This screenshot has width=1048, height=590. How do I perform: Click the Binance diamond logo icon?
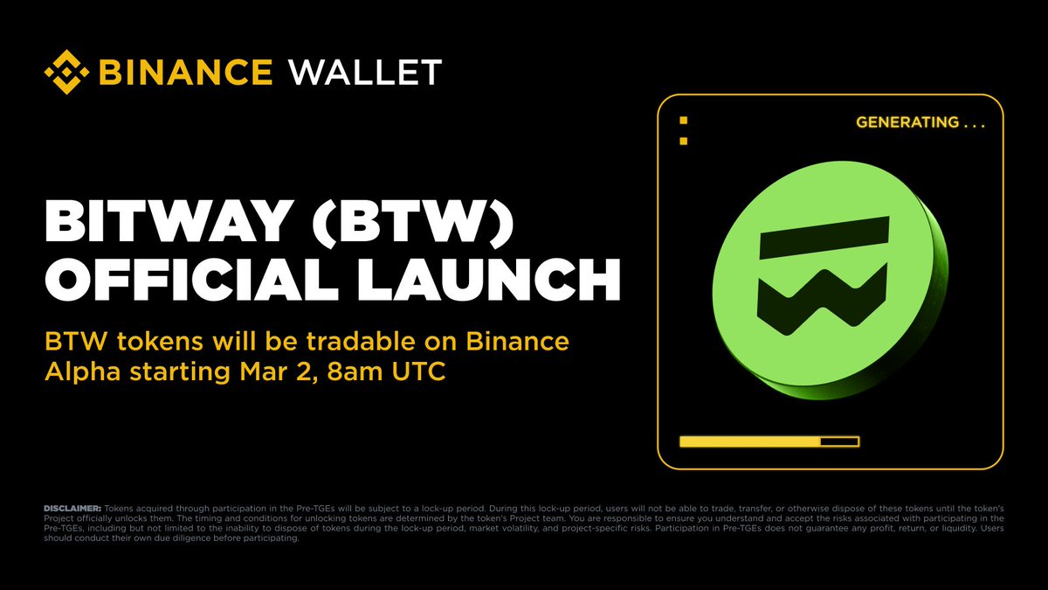72,72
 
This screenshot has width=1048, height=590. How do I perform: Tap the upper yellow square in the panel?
684,120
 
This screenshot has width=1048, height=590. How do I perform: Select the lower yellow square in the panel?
684,141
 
